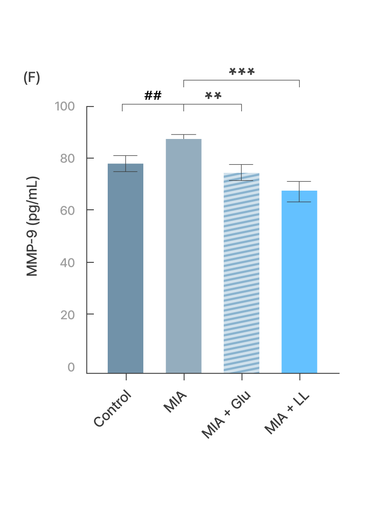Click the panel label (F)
32,78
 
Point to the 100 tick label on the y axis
65,106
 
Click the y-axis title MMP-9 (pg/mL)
32,226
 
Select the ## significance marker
153,95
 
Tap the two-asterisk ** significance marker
213,95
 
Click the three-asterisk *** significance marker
242,71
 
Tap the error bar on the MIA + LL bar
299,192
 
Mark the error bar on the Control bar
126,163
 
